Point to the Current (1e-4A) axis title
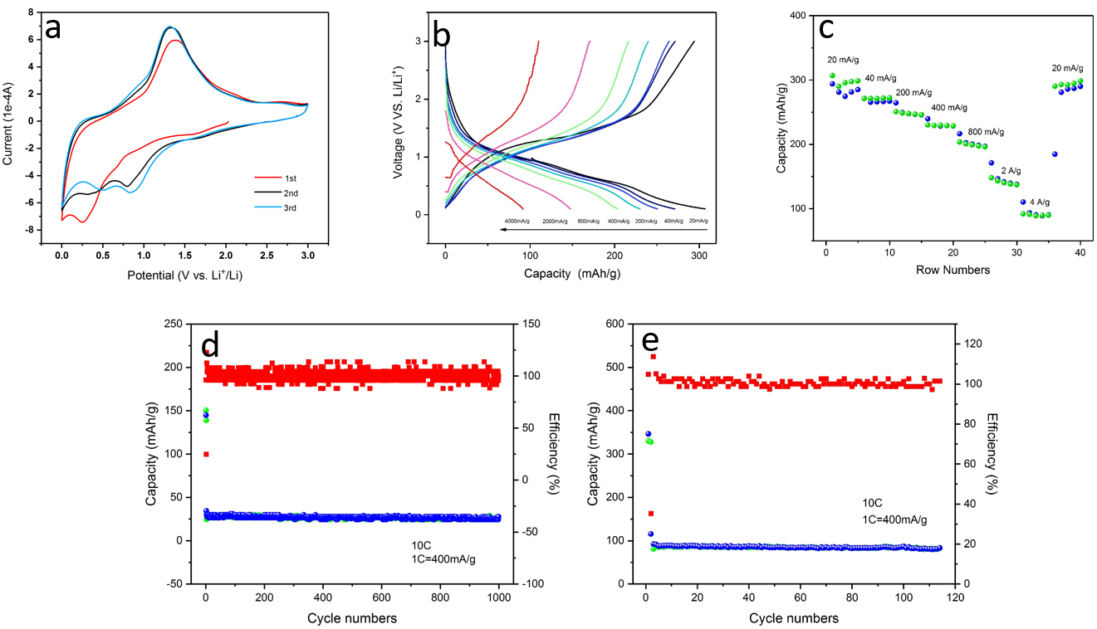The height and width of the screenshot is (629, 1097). click(x=9, y=122)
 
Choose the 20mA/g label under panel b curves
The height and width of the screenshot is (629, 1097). click(x=698, y=221)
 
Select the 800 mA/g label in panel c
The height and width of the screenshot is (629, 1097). click(x=986, y=132)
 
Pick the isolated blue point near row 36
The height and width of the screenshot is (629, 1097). click(x=1055, y=154)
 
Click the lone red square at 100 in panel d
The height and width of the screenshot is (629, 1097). click(x=206, y=454)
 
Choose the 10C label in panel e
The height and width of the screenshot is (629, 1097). click(x=872, y=503)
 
